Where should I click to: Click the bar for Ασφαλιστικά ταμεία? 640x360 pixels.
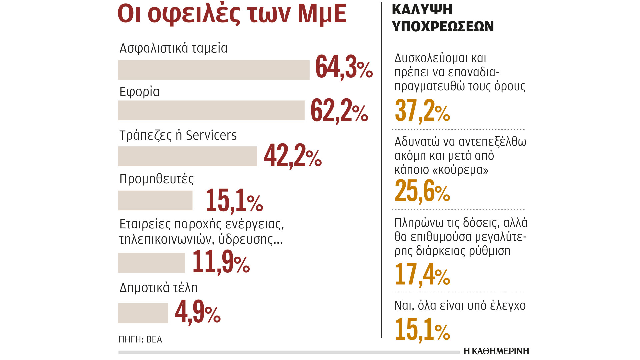(214, 70)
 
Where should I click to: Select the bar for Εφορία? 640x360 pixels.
(211, 110)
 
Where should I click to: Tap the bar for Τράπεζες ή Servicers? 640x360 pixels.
(187, 156)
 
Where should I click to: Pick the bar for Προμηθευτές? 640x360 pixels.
(155, 200)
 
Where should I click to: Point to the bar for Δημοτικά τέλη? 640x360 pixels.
(143, 313)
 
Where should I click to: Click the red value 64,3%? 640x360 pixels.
(344, 68)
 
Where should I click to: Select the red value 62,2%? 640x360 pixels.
(339, 111)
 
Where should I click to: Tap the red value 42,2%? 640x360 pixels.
(293, 156)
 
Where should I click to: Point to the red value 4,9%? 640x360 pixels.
(198, 313)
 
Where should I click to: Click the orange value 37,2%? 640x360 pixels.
(422, 111)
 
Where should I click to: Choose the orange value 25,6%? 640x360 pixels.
(422, 191)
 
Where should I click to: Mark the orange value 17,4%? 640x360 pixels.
(422, 274)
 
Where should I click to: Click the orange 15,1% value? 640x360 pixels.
(422, 330)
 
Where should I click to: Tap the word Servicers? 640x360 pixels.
(211, 135)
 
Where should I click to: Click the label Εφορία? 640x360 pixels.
(139, 92)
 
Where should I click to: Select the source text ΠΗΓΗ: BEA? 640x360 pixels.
(140, 339)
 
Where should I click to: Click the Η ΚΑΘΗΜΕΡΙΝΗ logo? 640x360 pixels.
(496, 351)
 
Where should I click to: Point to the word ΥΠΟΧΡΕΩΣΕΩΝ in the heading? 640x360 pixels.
(443, 26)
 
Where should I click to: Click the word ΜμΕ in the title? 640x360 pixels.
(322, 14)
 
